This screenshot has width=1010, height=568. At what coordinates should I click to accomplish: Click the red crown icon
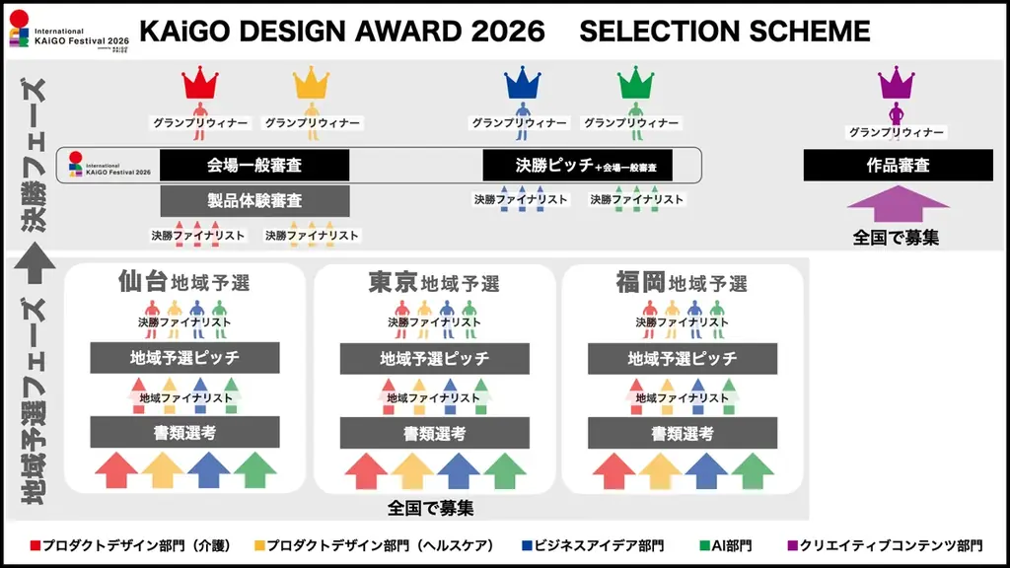click(200, 80)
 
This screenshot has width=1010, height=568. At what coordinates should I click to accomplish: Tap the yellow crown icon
click(312, 80)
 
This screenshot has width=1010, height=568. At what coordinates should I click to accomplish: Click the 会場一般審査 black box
click(254, 165)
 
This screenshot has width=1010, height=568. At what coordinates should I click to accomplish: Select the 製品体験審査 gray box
click(254, 201)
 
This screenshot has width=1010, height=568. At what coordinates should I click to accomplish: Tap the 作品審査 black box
click(897, 166)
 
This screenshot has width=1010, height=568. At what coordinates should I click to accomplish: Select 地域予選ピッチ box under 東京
click(434, 359)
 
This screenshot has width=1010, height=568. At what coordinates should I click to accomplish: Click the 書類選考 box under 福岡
click(682, 433)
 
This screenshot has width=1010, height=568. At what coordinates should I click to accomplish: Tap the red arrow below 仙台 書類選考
click(115, 470)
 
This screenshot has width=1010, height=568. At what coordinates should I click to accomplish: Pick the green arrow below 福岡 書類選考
click(753, 470)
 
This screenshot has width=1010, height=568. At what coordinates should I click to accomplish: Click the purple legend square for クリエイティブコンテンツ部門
click(792, 545)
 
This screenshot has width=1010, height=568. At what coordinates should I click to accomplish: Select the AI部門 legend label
click(732, 545)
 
